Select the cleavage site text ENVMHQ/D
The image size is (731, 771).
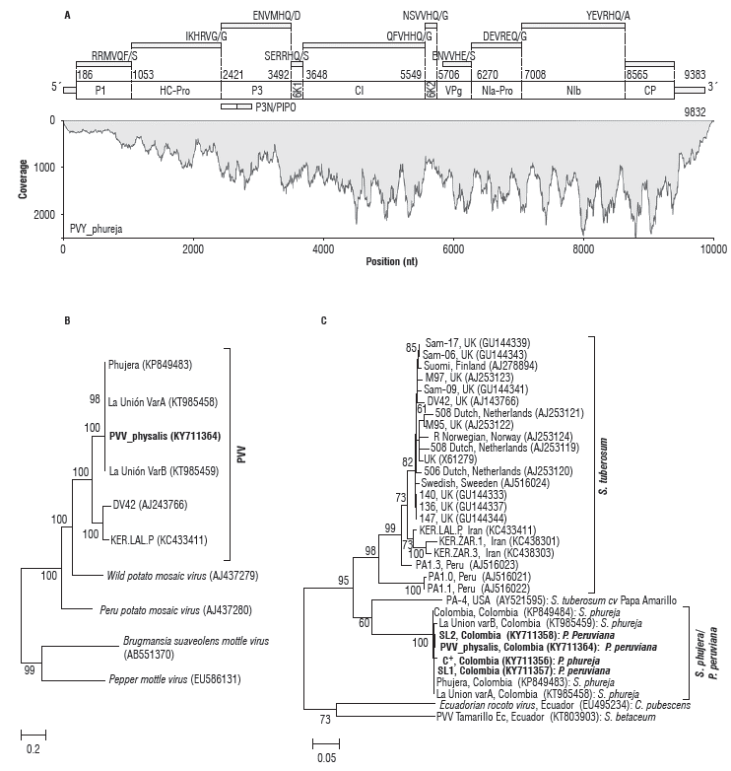(x=279, y=17)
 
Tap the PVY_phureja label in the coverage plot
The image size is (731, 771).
(x=97, y=229)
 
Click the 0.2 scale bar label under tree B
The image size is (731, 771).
(x=32, y=748)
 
